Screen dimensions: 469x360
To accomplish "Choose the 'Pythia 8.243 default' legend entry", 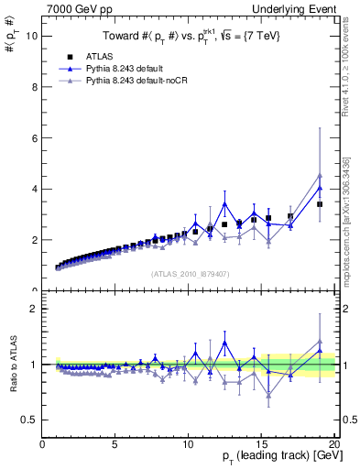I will pos(126,70).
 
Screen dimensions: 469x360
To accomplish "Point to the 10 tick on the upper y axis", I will pos(34,37).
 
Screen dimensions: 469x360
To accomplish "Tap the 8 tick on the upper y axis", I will pos(34,87).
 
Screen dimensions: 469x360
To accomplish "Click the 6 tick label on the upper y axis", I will pos(34,138).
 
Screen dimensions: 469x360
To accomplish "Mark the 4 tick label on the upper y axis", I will pos(34,189).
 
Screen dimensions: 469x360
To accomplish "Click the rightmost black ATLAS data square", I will pos(320,204).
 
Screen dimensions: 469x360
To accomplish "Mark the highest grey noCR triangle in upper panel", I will pos(320,175).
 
